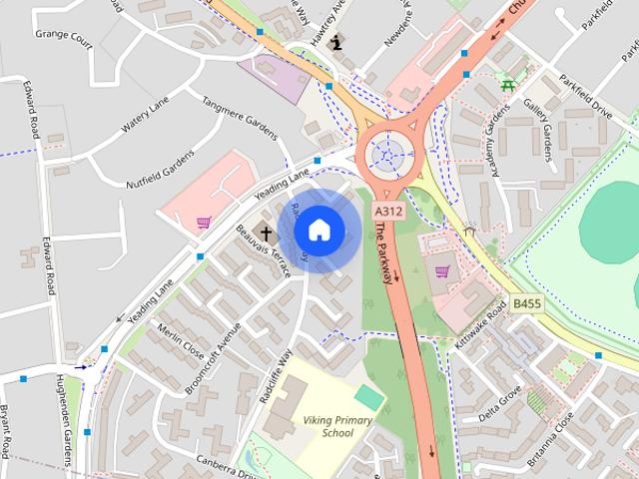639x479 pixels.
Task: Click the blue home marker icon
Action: click(319, 231)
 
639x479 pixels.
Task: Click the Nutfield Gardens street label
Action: click(160, 171)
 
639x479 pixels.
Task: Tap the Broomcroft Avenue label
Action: click(214, 358)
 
